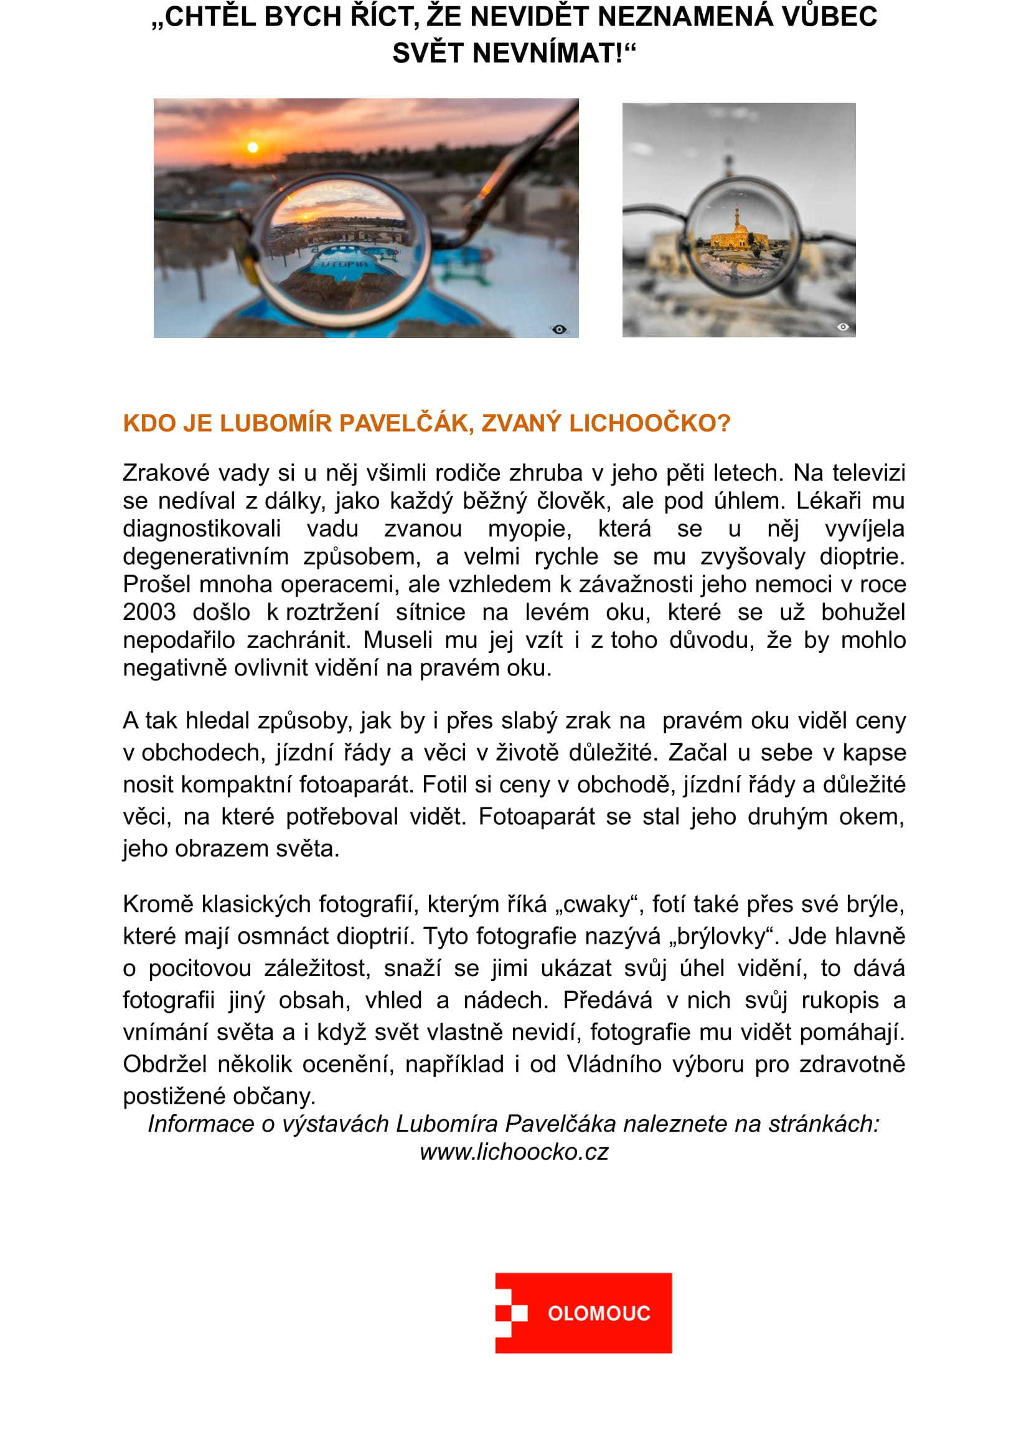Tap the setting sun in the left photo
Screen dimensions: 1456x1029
(253, 148)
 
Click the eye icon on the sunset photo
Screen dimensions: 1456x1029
(559, 329)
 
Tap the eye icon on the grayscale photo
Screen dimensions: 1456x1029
(843, 327)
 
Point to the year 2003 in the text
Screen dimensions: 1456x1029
(149, 612)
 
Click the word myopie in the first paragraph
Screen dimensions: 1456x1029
(529, 528)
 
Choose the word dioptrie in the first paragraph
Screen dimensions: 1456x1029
(862, 556)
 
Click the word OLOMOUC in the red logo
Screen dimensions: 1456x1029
(598, 1313)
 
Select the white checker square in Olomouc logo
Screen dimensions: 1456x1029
(519, 1313)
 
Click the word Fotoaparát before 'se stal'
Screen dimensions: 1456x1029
(537, 816)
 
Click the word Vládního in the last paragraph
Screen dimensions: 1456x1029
(614, 1063)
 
